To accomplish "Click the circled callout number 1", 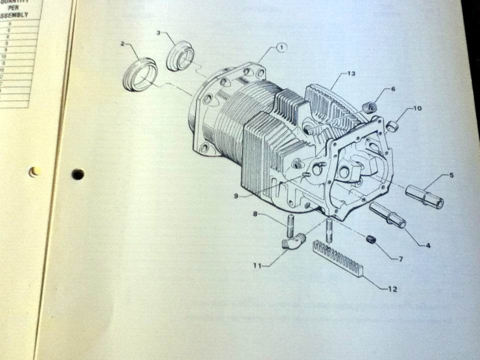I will click(281, 47).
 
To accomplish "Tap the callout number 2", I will click(122, 44).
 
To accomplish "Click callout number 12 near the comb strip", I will click(392, 289).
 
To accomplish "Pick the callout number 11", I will click(257, 265).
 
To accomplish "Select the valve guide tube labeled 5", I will click(424, 195).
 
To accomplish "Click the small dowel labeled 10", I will click(391, 125).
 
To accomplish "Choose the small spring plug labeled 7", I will click(370, 239).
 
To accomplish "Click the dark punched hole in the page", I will click(77, 174).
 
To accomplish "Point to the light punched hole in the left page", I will click(34, 171).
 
